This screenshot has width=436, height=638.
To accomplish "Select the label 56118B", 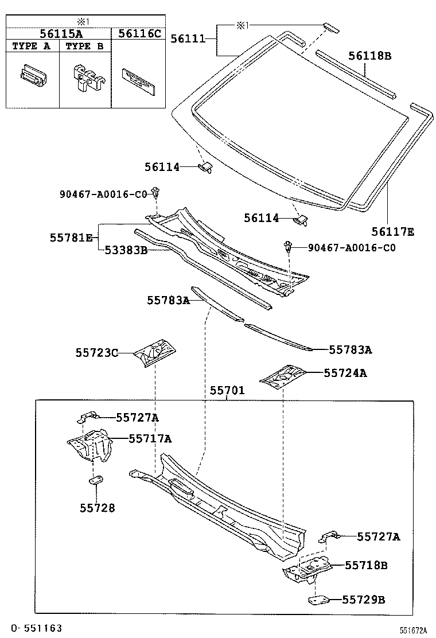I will click(x=370, y=56).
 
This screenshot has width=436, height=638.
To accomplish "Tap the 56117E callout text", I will click(x=393, y=232).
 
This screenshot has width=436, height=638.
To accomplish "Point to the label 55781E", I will click(x=71, y=237).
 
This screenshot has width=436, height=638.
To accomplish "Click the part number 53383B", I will click(x=126, y=250).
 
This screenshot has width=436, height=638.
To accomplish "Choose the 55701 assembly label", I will click(x=227, y=391).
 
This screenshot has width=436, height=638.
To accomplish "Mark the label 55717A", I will click(x=150, y=439).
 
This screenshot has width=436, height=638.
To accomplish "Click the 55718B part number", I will click(x=366, y=565).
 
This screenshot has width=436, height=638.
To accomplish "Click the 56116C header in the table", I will click(x=139, y=33).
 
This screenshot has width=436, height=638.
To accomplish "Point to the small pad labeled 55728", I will click(x=96, y=480).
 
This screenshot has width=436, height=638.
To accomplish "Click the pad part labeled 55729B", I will click(x=318, y=600).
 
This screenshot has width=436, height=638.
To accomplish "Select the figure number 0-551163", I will click(x=36, y=628).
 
